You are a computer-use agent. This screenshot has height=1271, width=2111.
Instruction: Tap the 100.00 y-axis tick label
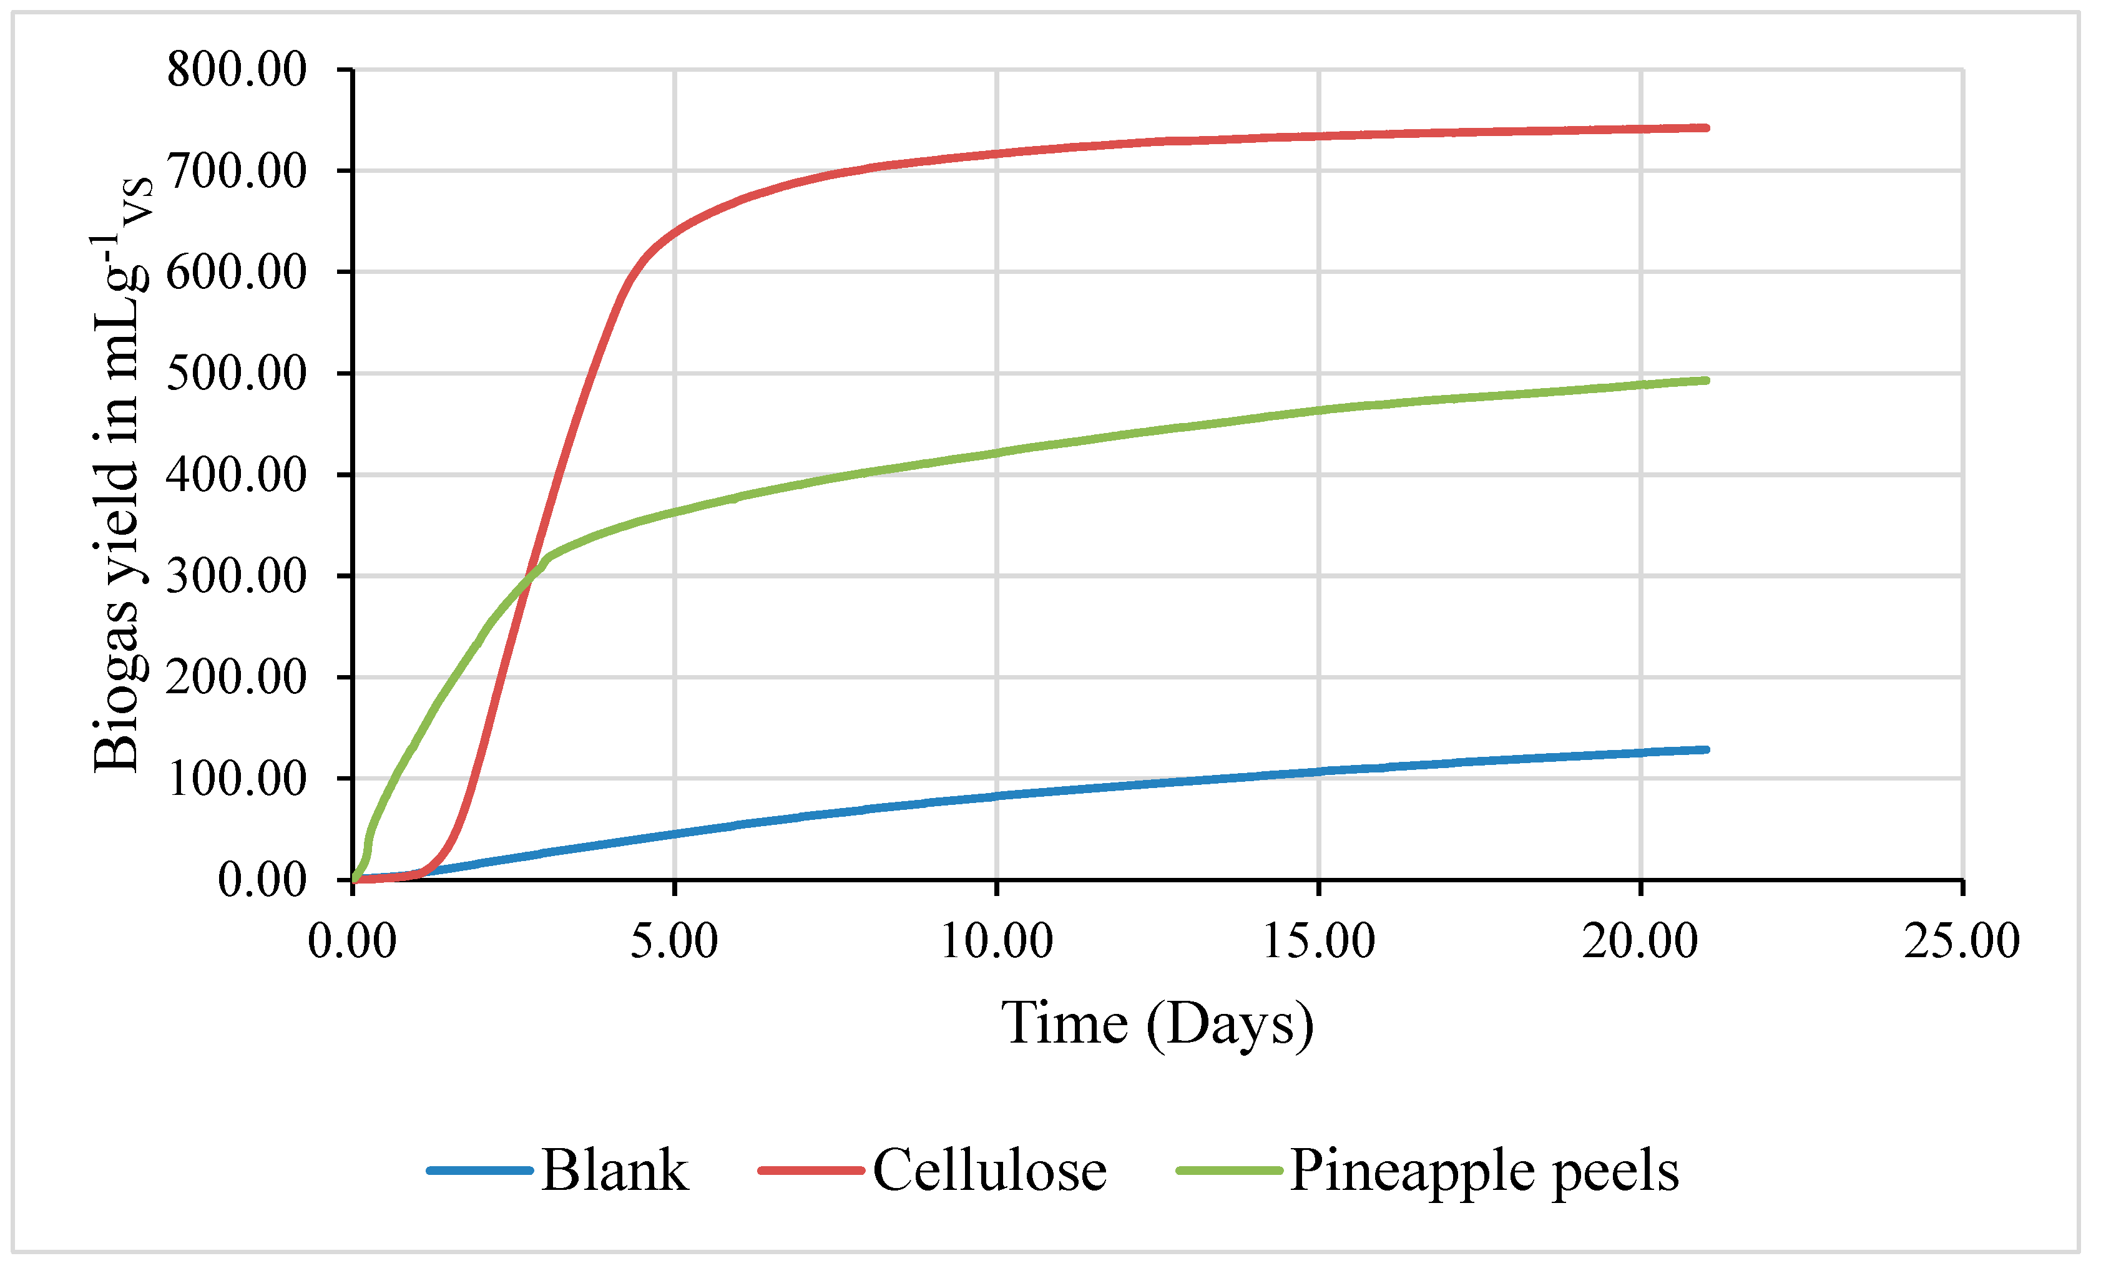pyautogui.click(x=237, y=779)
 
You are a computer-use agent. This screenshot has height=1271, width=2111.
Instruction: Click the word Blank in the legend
pyautogui.click(x=614, y=1170)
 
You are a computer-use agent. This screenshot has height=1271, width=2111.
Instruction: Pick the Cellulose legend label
pyautogui.click(x=989, y=1170)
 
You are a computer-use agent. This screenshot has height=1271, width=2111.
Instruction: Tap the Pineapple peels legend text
pyautogui.click(x=1485, y=1170)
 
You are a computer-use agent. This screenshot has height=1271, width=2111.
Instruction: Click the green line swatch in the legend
pyautogui.click(x=1230, y=1170)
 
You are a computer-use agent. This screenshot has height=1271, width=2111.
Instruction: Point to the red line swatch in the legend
pyautogui.click(x=810, y=1170)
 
